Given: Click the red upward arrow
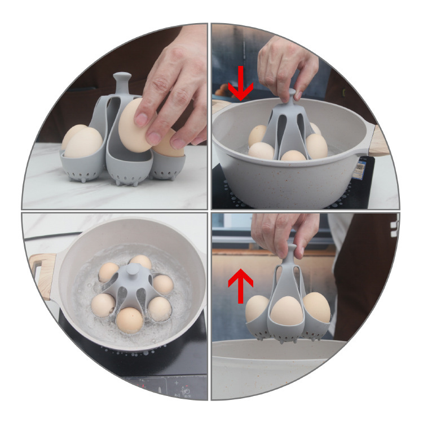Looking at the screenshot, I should pyautogui.click(x=240, y=285).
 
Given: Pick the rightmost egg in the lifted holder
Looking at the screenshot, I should pyautogui.click(x=317, y=307).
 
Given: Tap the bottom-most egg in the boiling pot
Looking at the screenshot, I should pyautogui.click(x=130, y=319).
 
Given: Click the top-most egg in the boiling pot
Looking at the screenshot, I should pyautogui.click(x=140, y=261).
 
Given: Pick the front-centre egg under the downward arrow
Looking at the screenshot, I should pyautogui.click(x=293, y=156).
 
